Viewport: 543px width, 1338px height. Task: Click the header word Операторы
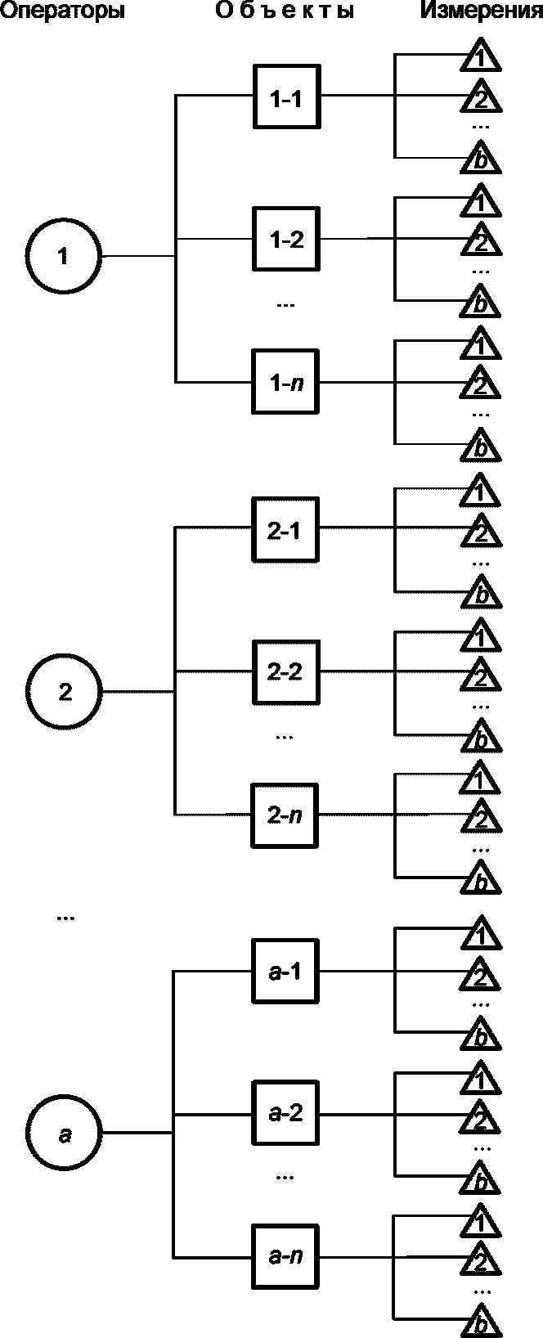pos(62,11)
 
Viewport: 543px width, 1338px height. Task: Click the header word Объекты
pos(285,11)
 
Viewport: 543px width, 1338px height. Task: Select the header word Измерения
pos(481,11)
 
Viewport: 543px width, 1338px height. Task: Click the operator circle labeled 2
pos(65,692)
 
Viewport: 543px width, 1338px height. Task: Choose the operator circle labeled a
pos(65,1134)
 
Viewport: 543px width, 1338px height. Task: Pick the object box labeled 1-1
pos(285,97)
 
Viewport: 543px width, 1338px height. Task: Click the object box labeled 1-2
pos(285,240)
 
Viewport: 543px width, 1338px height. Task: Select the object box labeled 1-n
pos(285,382)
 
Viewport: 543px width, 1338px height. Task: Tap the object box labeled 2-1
pos(285,530)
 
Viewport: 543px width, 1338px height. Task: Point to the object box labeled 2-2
pos(285,671)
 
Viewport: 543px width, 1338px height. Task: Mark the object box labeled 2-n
pos(285,815)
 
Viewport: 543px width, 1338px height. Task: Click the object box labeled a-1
pos(285,972)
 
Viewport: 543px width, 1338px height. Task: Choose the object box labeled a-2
pos(285,1113)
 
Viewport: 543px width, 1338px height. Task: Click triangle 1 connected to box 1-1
pos(481,57)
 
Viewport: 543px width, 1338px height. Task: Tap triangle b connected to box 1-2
pos(481,303)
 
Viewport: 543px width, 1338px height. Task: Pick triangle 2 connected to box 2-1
pos(481,534)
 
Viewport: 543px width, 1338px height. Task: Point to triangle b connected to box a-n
pos(481,1323)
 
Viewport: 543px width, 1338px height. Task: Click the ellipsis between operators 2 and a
pos(65,918)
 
